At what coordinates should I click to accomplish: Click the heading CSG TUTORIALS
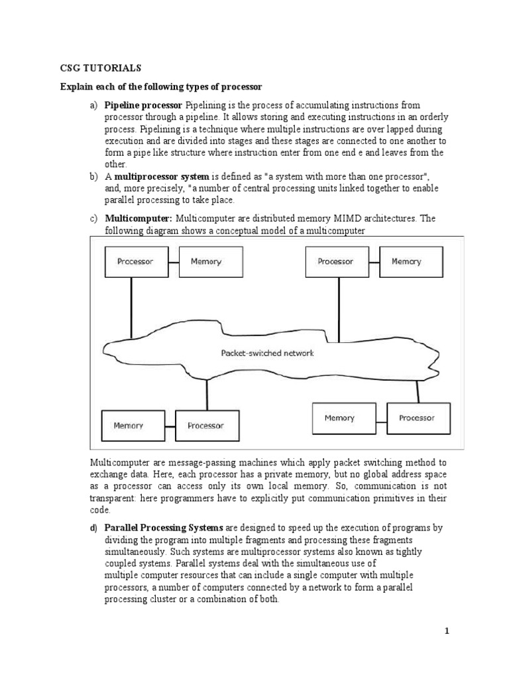(x=100, y=68)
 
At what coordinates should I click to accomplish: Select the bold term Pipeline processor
(x=143, y=105)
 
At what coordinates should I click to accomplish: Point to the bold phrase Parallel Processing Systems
(x=164, y=528)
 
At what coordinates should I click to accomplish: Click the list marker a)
(x=93, y=105)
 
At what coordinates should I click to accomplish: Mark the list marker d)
(x=93, y=528)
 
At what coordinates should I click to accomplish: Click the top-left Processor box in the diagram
(x=135, y=261)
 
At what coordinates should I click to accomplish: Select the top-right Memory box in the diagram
(x=406, y=261)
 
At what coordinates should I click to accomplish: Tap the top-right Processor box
(x=335, y=261)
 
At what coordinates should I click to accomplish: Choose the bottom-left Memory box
(x=128, y=426)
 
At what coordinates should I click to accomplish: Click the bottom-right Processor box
(x=417, y=418)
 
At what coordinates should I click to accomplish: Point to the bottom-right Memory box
(x=339, y=418)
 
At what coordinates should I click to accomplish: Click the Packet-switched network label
(x=267, y=353)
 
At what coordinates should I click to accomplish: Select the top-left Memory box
(x=206, y=261)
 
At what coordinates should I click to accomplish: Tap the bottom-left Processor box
(x=205, y=426)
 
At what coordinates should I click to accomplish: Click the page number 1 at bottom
(x=447, y=631)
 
